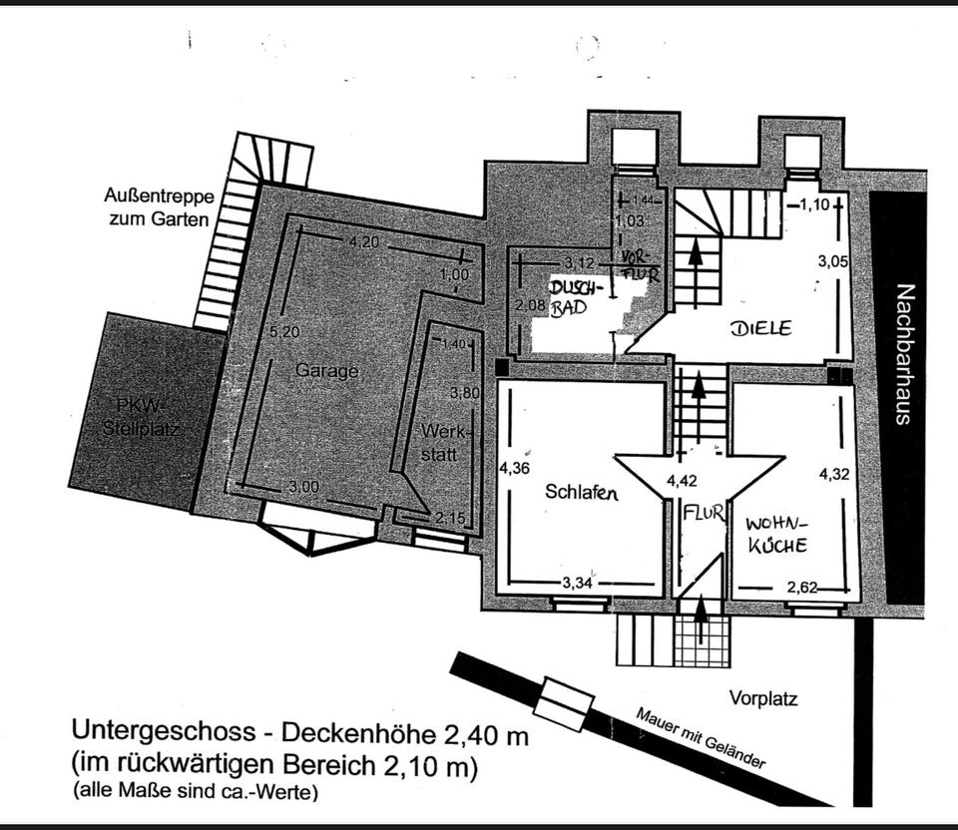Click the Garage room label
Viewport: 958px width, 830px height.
tap(326, 370)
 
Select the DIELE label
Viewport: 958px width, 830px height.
tap(759, 328)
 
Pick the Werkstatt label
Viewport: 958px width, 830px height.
tap(440, 445)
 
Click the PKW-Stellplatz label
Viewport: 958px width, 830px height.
tap(145, 417)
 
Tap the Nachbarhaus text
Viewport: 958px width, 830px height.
tap(903, 355)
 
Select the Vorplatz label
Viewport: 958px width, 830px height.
tap(763, 698)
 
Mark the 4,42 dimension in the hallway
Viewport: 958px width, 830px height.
tap(682, 481)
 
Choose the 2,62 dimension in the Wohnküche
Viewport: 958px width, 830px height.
tap(802, 587)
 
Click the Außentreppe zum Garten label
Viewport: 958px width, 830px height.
tap(158, 206)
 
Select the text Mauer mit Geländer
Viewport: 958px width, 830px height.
tap(700, 739)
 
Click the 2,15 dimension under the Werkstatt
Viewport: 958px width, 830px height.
tap(450, 518)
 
